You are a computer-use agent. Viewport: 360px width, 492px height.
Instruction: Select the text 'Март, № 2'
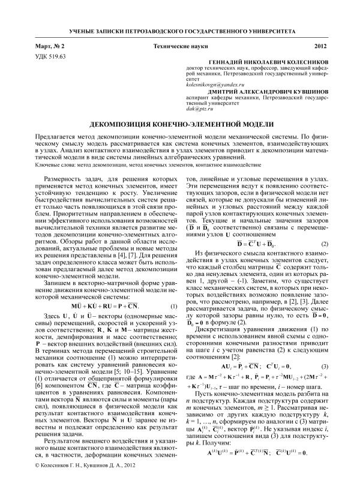coord(51,46)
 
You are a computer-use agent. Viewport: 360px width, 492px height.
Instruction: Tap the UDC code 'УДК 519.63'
coord(51,55)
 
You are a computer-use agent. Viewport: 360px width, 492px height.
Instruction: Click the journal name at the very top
coord(179,29)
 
